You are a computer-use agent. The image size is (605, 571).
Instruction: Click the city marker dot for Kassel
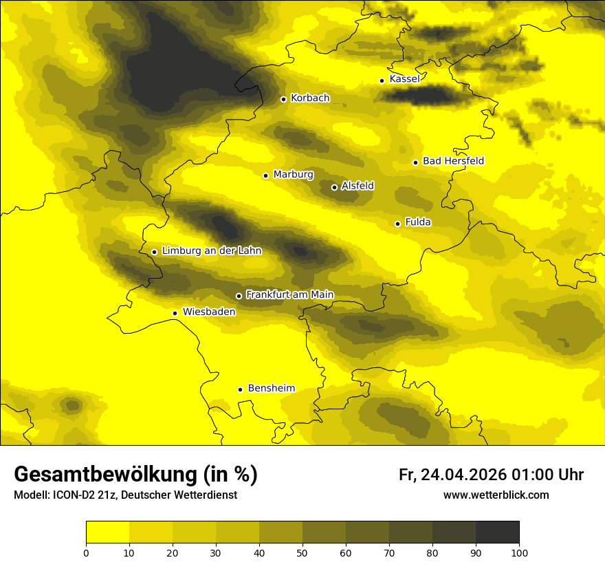pyautogui.click(x=382, y=80)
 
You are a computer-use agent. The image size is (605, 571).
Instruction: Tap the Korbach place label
pyautogui.click(x=310, y=98)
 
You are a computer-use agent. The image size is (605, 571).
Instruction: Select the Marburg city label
pyautogui.click(x=293, y=175)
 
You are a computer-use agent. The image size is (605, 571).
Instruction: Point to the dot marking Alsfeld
pyautogui.click(x=334, y=187)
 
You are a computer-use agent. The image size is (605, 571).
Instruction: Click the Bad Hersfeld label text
pyautogui.click(x=453, y=161)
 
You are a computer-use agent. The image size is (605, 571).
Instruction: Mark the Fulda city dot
pyautogui.click(x=397, y=224)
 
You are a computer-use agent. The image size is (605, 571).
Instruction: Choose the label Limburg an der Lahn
pyautogui.click(x=212, y=251)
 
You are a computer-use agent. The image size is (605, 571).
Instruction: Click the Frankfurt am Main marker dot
pyautogui.click(x=239, y=296)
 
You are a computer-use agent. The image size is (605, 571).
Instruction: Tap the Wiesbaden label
pyautogui.click(x=209, y=312)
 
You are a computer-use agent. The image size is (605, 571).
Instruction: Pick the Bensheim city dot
pyautogui.click(x=240, y=389)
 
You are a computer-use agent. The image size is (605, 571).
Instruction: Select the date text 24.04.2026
pyautogui.click(x=465, y=475)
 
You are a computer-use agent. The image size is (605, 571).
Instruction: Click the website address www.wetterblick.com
pyautogui.click(x=496, y=495)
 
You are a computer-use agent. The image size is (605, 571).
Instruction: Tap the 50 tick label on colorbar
pyautogui.click(x=302, y=552)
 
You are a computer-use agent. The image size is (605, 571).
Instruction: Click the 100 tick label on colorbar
pyautogui.click(x=519, y=552)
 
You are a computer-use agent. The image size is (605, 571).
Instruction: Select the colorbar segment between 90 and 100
pyautogui.click(x=497, y=532)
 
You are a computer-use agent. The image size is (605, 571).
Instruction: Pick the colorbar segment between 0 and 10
pyautogui.click(x=107, y=532)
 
